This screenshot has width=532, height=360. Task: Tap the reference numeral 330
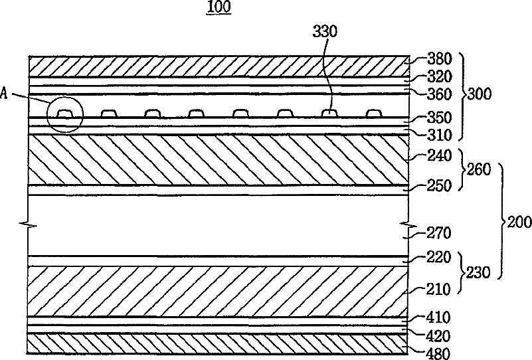324,31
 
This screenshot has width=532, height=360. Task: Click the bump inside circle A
64,114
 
